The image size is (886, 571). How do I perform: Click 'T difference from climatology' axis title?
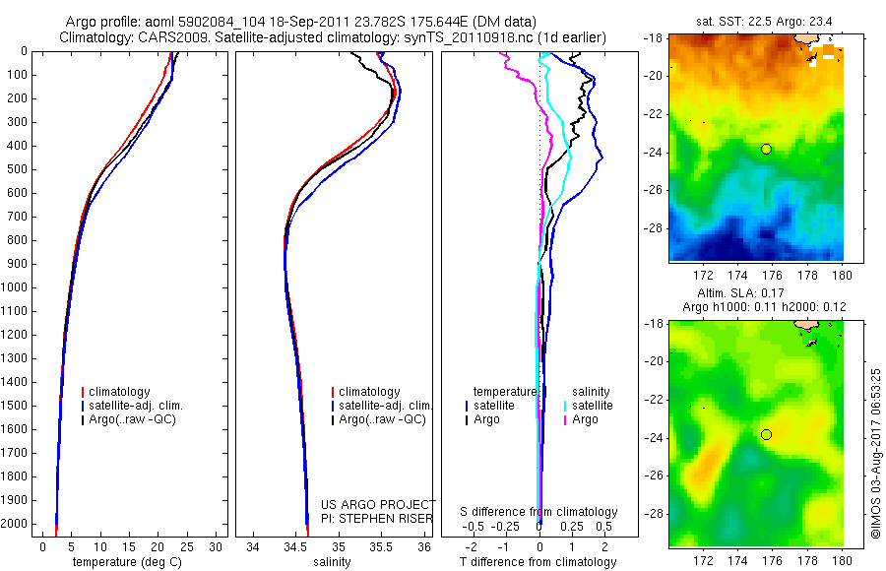(538, 562)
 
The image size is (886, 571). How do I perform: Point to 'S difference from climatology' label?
(538, 512)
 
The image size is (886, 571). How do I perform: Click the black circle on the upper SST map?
(767, 149)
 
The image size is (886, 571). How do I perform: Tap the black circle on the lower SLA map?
(767, 434)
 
